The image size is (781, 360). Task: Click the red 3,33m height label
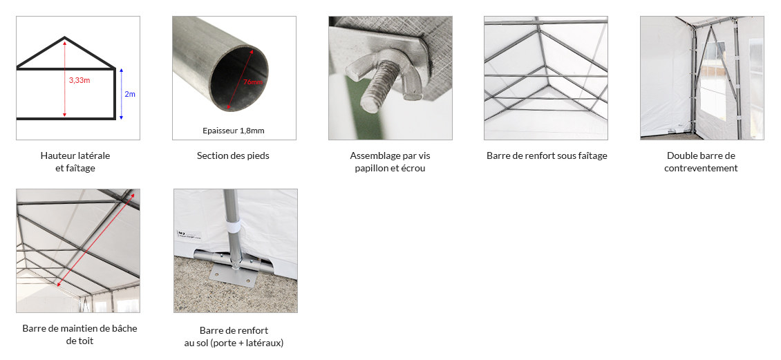79,81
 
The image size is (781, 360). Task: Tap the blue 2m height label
129,94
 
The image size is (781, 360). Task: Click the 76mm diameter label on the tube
253,82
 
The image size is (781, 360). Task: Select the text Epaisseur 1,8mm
234,131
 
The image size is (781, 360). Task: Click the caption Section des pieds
233,156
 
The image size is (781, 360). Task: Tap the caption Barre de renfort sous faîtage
547,156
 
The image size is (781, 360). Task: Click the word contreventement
701,169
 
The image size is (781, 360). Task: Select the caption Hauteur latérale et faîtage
75,162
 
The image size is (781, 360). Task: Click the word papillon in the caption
373,169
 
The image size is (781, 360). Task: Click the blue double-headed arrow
121,93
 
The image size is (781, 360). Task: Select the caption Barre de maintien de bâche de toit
79,334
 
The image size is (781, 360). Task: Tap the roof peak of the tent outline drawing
65,38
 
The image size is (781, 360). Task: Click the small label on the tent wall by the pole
189,234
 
